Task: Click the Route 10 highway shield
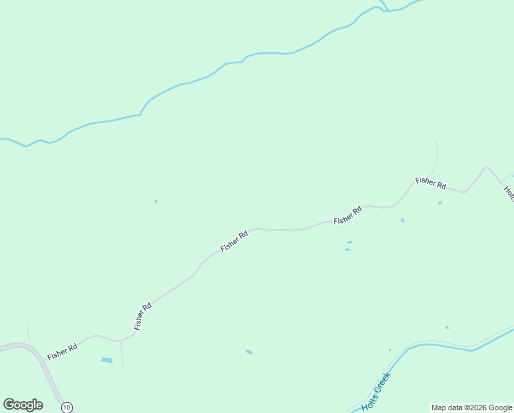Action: pyautogui.click(x=66, y=407)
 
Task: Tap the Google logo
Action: pyautogui.click(x=23, y=405)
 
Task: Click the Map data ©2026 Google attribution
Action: pyautogui.click(x=471, y=407)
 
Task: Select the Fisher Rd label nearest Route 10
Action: pyautogui.click(x=62, y=352)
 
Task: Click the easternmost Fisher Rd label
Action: pyautogui.click(x=431, y=183)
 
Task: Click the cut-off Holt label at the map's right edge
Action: pyautogui.click(x=509, y=192)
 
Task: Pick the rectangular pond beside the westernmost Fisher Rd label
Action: pyautogui.click(x=107, y=360)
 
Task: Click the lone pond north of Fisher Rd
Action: pyautogui.click(x=156, y=202)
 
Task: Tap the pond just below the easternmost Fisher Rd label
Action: pyautogui.click(x=440, y=203)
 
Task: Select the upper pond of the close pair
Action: pyautogui.click(x=350, y=242)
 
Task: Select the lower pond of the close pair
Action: pyautogui.click(x=347, y=249)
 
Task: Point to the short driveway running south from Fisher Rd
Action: pyautogui.click(x=122, y=354)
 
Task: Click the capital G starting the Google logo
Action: pyautogui.click(x=9, y=405)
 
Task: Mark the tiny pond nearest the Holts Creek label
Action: pyautogui.click(x=390, y=350)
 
